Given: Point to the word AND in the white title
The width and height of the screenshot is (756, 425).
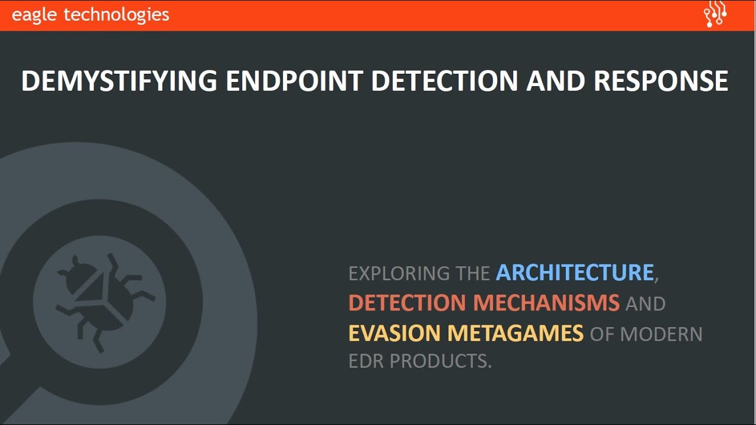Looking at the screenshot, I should point(556,81).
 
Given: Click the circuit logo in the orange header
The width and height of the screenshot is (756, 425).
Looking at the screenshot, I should point(715,15).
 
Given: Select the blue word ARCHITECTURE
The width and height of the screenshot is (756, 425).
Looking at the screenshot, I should point(574,273).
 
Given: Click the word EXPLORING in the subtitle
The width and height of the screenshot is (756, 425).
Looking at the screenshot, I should point(399,273).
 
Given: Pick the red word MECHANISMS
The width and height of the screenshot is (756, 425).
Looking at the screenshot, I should point(546,303).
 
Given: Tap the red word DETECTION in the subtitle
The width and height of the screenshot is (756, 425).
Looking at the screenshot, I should point(407,303).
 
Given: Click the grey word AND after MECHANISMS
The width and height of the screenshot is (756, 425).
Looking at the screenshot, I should point(645,303).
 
